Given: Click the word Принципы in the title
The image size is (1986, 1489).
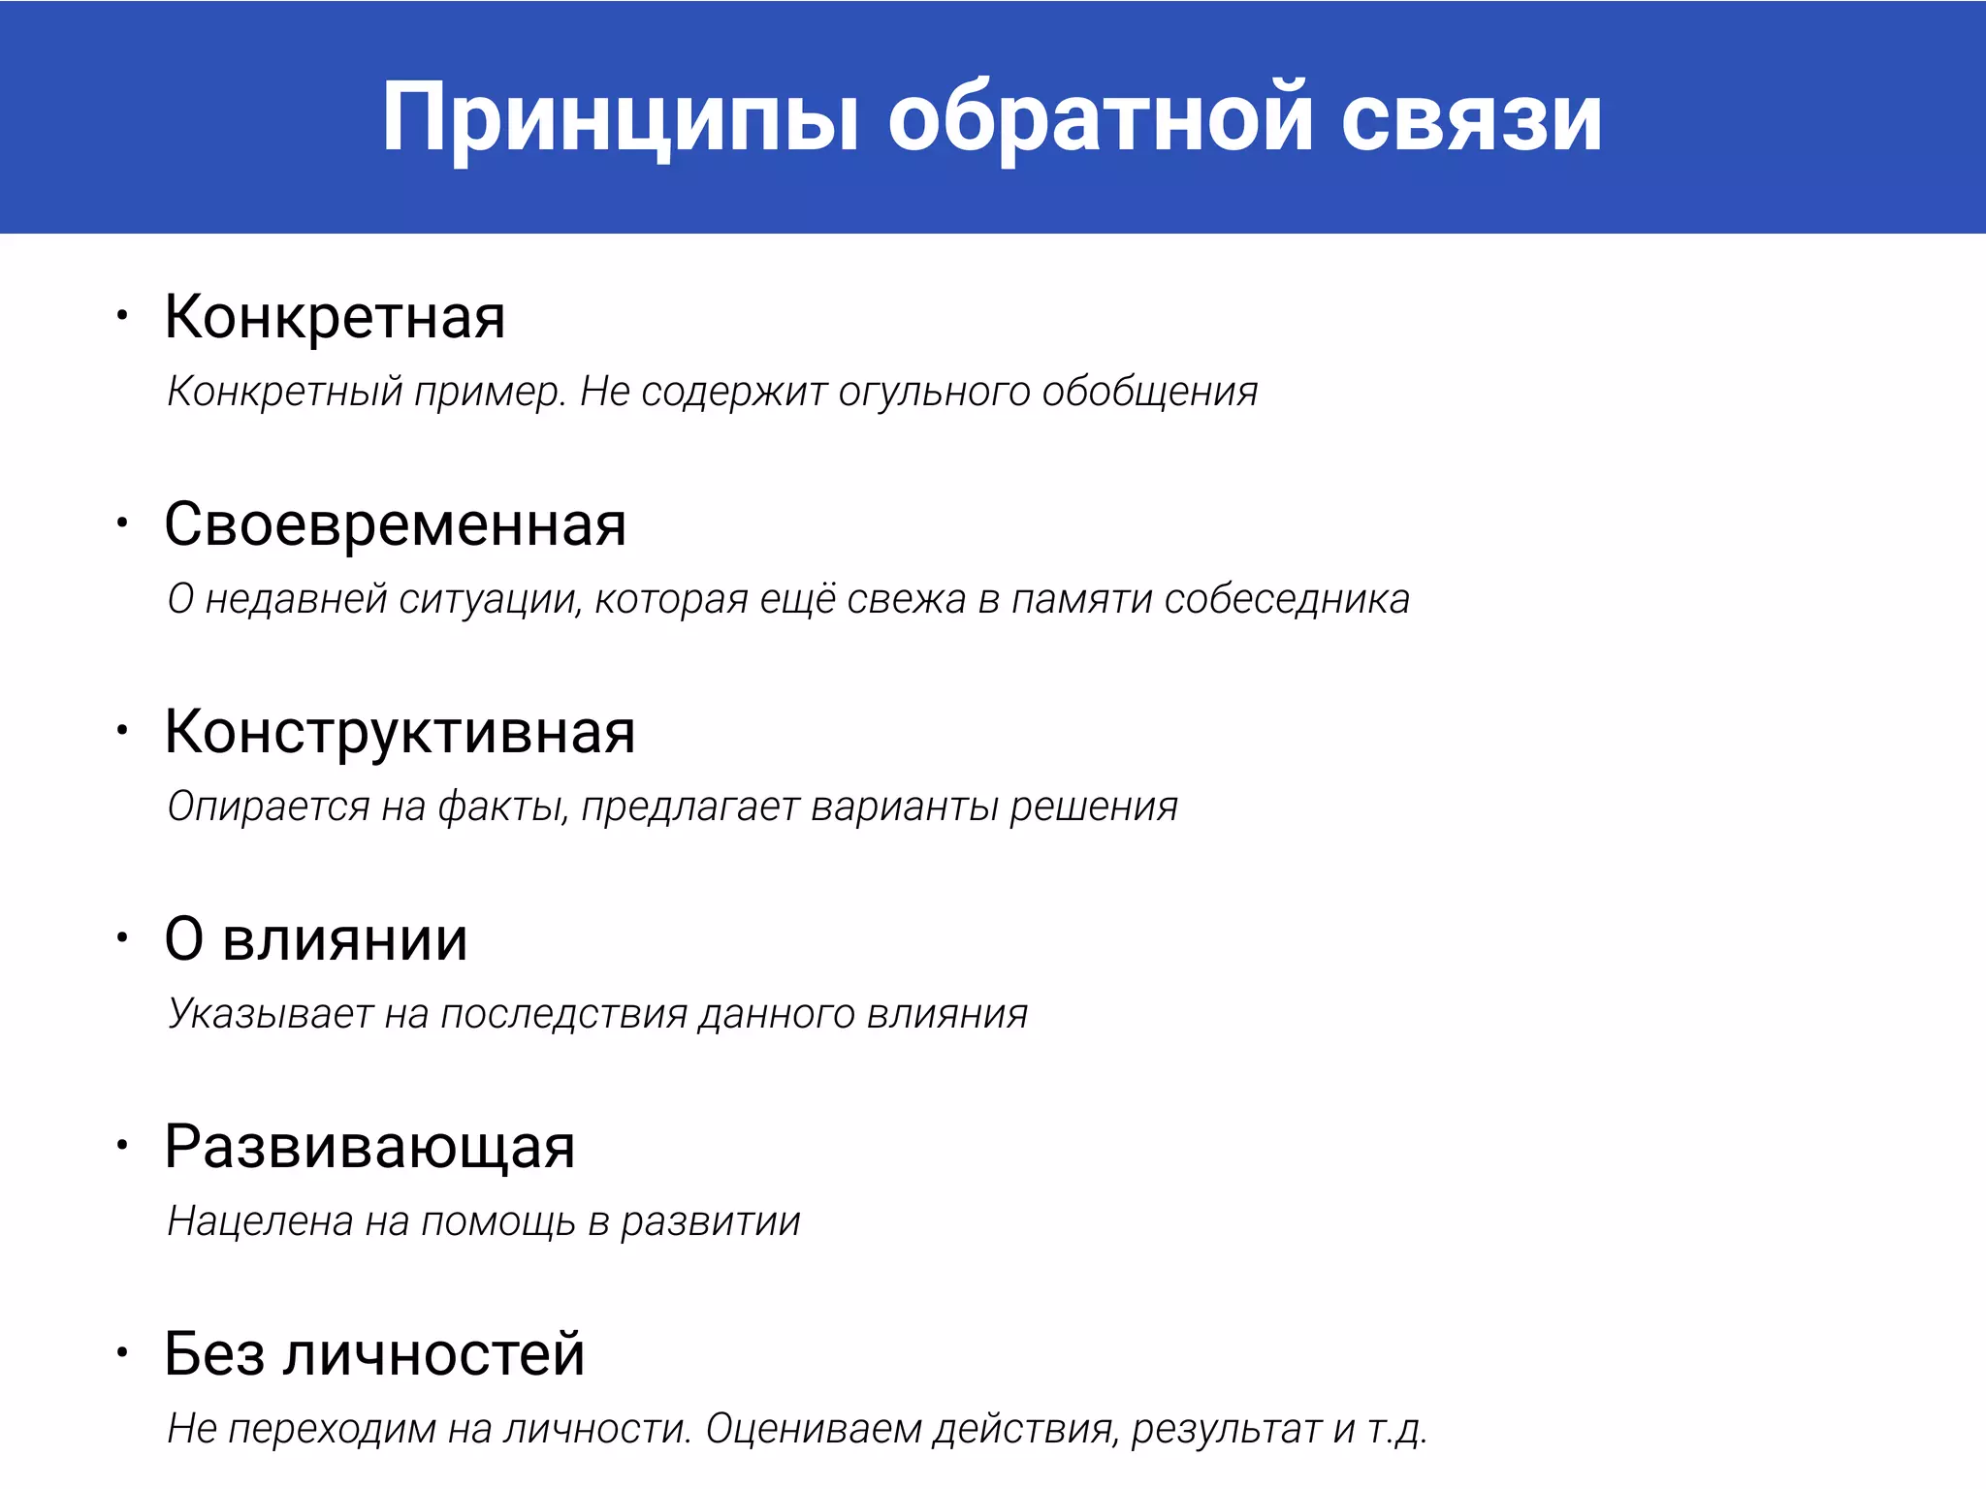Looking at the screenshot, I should pyautogui.click(x=619, y=118).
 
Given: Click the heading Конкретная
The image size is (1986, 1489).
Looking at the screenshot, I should pyautogui.click(x=335, y=317).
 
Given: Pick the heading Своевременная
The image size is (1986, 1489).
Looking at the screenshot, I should pyautogui.click(x=395, y=524).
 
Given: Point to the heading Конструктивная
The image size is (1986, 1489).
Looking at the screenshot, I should pyautogui.click(x=400, y=732).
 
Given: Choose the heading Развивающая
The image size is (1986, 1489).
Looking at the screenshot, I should pyautogui.click(x=369, y=1147).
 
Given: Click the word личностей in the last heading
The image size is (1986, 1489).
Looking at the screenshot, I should pyautogui.click(x=433, y=1354).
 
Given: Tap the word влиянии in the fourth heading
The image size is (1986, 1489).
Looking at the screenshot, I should pyautogui.click(x=345, y=939).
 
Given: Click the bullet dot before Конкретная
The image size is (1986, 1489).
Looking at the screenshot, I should pyautogui.click(x=122, y=315).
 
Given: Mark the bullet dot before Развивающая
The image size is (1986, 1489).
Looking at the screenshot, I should pyautogui.click(x=122, y=1145).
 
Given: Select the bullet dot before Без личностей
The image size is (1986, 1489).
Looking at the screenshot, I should pyautogui.click(x=122, y=1352).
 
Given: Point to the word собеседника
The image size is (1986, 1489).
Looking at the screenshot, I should pyautogui.click(x=1287, y=600).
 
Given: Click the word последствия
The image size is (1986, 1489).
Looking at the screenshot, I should pyautogui.click(x=564, y=1015).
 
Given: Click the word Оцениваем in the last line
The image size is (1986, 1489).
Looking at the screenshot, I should pyautogui.click(x=813, y=1430).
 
